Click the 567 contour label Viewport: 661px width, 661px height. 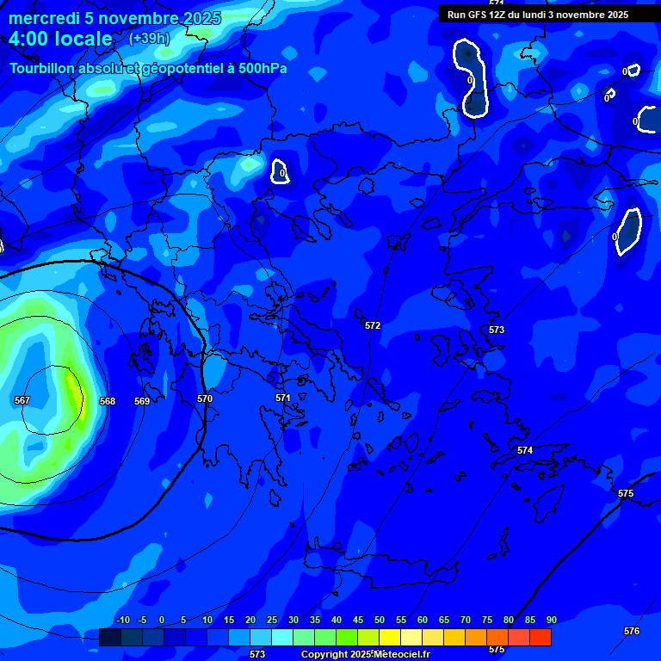[x=22, y=400]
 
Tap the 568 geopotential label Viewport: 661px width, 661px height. [x=108, y=401]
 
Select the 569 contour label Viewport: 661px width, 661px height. [x=142, y=401]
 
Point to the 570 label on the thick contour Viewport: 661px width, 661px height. [x=205, y=398]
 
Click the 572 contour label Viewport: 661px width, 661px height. [x=373, y=325]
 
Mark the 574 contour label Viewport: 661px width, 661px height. [x=525, y=450]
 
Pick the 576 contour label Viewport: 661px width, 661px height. [x=632, y=631]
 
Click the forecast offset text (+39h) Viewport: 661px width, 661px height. [x=149, y=39]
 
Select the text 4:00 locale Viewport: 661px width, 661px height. [x=61, y=39]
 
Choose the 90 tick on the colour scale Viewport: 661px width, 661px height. [x=551, y=621]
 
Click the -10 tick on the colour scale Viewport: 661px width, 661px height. [x=122, y=621]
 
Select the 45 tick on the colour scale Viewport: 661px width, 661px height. [x=358, y=621]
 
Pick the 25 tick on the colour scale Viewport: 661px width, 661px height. [x=272, y=621]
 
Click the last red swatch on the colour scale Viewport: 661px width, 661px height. [x=540, y=637]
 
